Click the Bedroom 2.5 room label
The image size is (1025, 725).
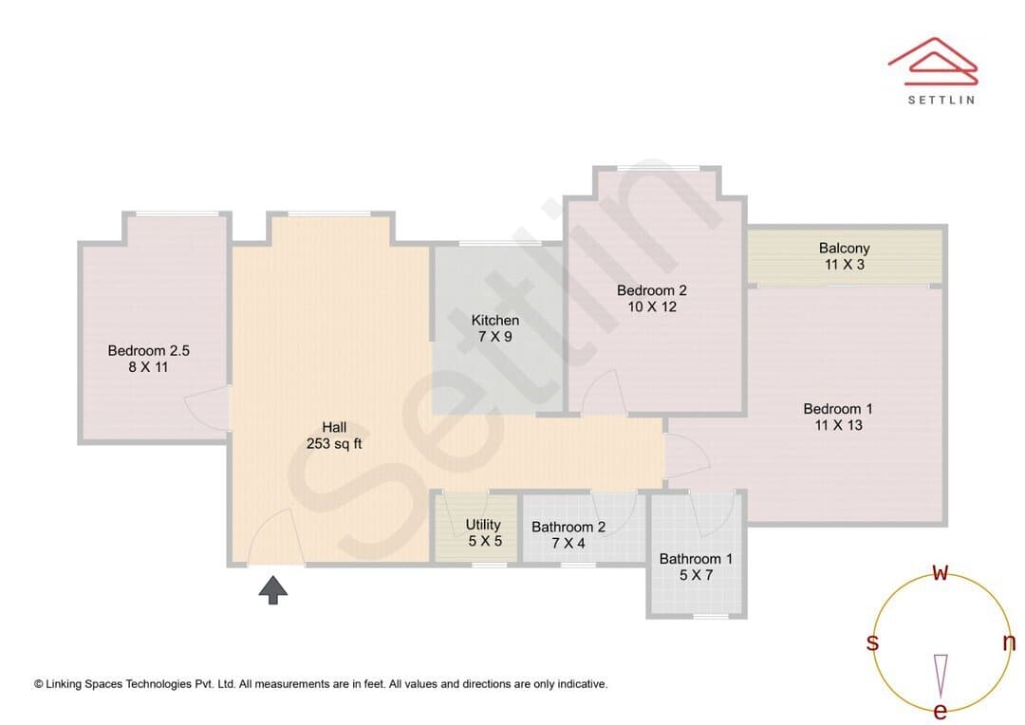[x=148, y=359]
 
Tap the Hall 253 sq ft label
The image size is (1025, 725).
[x=334, y=436]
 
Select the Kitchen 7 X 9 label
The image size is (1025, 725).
[x=494, y=328]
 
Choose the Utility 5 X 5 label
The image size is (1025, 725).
[x=484, y=532]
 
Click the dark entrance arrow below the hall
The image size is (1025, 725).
[x=272, y=589]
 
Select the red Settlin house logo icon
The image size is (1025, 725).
[x=933, y=62]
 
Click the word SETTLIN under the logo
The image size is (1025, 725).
[x=941, y=100]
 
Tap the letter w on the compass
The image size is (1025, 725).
[x=940, y=572]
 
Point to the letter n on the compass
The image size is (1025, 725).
[x=1009, y=642]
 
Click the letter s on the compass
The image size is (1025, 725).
[x=872, y=642]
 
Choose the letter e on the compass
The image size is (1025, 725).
[x=940, y=711]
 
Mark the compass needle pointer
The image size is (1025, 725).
[x=941, y=676]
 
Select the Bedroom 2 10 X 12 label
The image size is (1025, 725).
[x=652, y=298]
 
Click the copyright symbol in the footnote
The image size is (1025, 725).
[x=39, y=684]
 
